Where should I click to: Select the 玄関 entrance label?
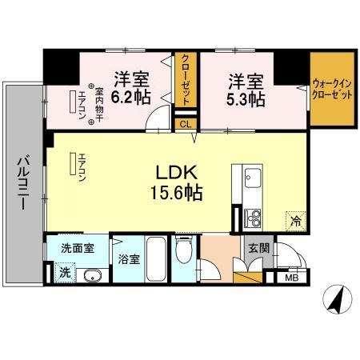(258, 247)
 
